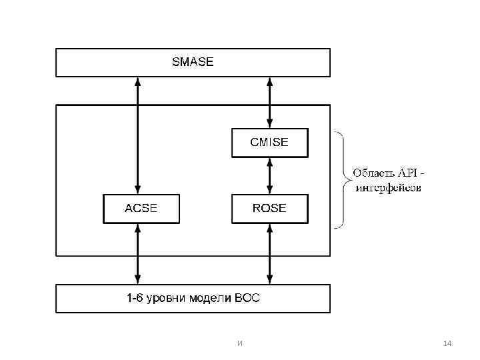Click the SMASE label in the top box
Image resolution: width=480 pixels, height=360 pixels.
tap(193, 62)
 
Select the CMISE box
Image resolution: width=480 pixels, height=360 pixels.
tap(269, 142)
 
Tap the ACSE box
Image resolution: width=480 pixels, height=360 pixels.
tap(141, 208)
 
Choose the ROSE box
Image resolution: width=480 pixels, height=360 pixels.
tap(269, 208)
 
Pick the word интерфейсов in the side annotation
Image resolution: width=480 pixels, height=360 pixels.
tap(389, 188)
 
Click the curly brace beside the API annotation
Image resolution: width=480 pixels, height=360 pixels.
tap(342, 181)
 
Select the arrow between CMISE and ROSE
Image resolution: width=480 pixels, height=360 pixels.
tap(269, 175)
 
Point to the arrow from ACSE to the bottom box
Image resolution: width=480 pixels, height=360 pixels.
tap(137, 254)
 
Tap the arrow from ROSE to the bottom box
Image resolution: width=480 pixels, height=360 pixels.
tap(269, 254)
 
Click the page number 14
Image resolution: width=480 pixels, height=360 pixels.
tap(447, 343)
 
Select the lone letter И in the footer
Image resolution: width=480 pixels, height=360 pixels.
tap(239, 343)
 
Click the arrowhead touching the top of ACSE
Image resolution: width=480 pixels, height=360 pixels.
tap(137, 189)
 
